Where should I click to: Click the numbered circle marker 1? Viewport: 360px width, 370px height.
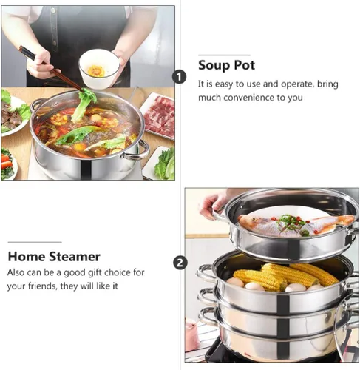(180, 77)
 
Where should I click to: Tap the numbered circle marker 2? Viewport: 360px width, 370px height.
(180, 263)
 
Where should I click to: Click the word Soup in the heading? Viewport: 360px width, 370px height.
(214, 65)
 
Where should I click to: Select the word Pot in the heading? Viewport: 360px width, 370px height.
(244, 65)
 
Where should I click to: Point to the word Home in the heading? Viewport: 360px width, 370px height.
(26, 257)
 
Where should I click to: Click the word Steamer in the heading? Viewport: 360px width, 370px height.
(75, 257)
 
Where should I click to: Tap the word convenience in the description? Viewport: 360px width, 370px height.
(248, 98)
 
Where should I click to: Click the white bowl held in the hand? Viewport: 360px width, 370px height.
(99, 68)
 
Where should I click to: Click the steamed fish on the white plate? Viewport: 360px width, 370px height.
(296, 225)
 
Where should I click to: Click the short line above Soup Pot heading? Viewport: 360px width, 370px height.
(224, 55)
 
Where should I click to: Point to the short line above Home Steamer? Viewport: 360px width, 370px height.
(35, 242)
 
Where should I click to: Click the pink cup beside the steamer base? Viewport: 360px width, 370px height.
(191, 335)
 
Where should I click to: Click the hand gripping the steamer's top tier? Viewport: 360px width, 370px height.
(214, 205)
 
